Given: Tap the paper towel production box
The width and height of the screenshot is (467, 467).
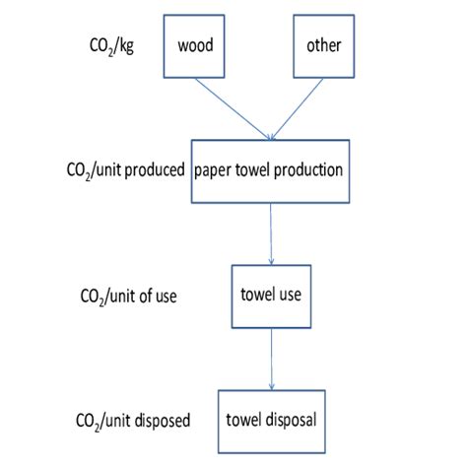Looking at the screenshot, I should pos(269,172).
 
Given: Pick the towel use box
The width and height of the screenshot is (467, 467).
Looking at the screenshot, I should pos(269,294).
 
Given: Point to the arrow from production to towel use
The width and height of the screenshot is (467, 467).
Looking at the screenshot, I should pos(270,233).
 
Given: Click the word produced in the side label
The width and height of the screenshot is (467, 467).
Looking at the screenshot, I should pos(160,170).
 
